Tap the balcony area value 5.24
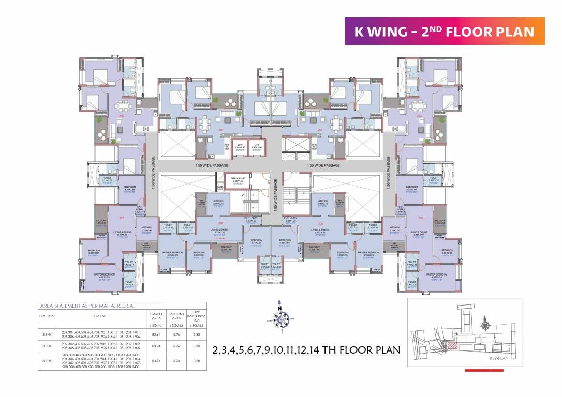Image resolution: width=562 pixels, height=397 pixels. [x=177, y=363]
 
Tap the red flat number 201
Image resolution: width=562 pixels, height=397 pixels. [x=220, y=130]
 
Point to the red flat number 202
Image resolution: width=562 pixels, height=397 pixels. [x=320, y=130]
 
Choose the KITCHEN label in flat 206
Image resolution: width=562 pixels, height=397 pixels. [x=218, y=201]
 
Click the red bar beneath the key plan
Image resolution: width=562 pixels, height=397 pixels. [x=484, y=370]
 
